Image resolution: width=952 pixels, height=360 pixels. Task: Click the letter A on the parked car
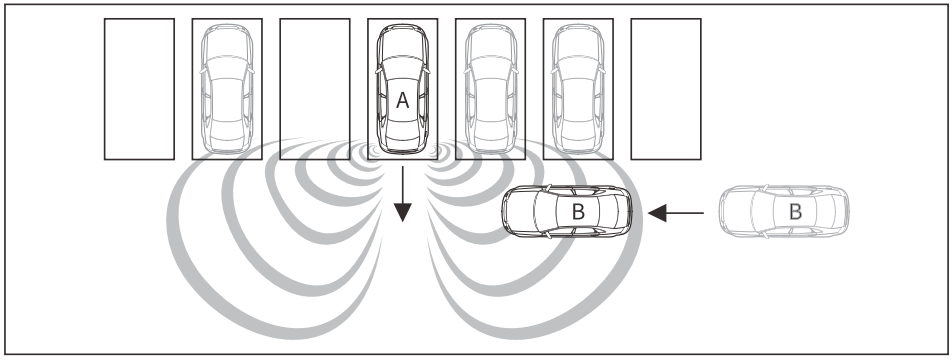(x=402, y=101)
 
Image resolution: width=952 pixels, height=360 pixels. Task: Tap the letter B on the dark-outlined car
(x=578, y=212)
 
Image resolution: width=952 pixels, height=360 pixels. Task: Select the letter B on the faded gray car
(x=795, y=212)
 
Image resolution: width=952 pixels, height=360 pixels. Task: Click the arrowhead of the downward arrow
(x=403, y=212)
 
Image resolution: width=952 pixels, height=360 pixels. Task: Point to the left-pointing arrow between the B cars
(x=676, y=213)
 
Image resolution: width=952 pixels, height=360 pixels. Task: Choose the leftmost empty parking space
(x=139, y=89)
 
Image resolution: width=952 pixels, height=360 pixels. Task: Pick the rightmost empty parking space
(x=666, y=89)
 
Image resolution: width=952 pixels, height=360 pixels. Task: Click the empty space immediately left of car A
(x=314, y=89)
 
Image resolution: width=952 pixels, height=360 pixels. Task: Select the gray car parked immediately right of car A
(x=491, y=89)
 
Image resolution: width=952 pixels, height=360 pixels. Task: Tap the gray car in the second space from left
(x=227, y=89)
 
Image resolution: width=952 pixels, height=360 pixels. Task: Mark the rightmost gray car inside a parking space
(x=578, y=89)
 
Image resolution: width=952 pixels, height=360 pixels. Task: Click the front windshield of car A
(x=403, y=68)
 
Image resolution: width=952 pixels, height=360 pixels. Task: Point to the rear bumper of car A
(x=403, y=148)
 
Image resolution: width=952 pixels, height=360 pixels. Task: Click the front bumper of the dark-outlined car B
(x=506, y=212)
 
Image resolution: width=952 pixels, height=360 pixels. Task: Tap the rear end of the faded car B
(x=845, y=211)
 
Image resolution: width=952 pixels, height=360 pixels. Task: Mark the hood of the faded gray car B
(x=735, y=211)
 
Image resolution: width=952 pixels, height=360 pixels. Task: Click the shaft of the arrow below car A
(x=403, y=185)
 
